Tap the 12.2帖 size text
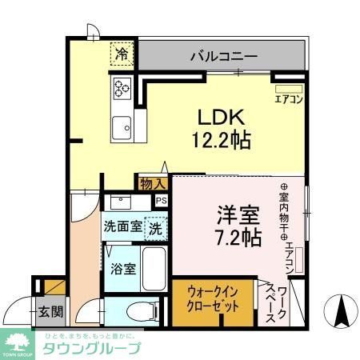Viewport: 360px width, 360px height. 219,141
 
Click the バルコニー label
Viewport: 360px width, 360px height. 223,57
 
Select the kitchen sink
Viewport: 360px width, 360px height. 122,126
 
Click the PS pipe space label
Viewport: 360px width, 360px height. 162,202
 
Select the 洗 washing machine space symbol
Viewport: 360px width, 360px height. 157,227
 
